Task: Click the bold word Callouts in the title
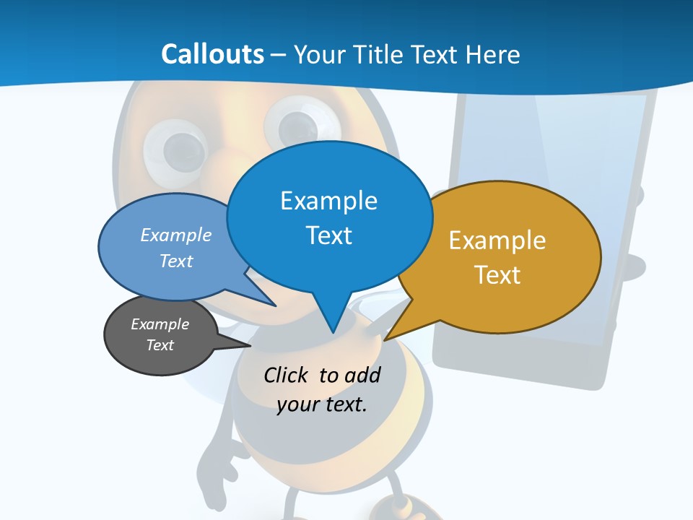coord(212,54)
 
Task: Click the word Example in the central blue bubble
coord(328,201)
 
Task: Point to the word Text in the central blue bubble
coord(328,235)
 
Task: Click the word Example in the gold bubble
coord(497,240)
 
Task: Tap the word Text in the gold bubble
coord(497,275)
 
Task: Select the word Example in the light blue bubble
coord(176,235)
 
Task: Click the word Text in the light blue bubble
coord(176,261)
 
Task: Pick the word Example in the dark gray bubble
coord(160,324)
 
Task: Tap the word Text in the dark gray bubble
coord(160,345)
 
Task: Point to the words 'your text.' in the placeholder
coord(322,404)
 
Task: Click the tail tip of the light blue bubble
coord(274,305)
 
